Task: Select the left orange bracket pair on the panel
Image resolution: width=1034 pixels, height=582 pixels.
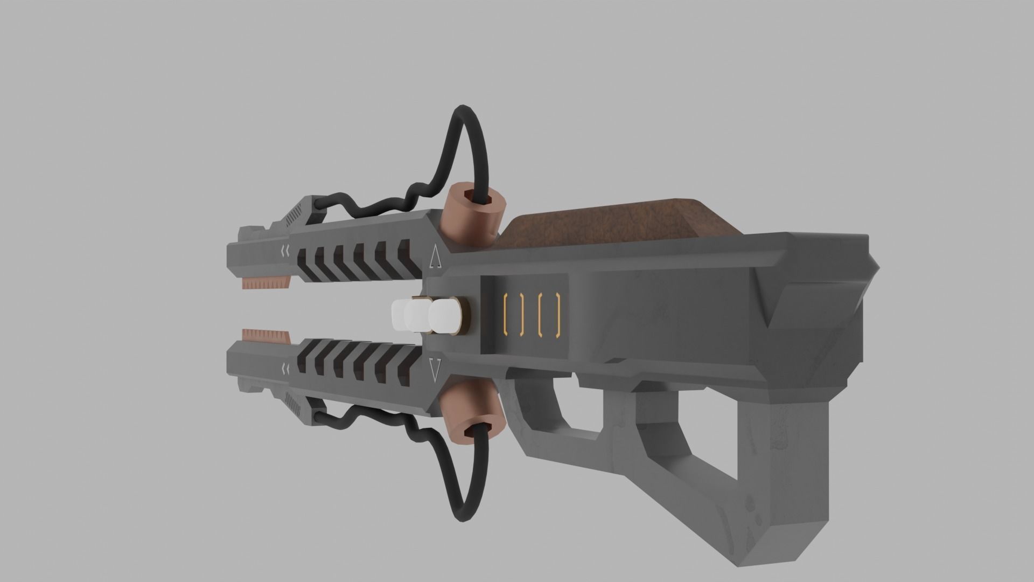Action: coord(513,314)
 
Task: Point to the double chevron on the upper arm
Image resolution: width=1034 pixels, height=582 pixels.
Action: coord(285,250)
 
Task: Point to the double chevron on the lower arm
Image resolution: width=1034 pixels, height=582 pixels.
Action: coord(285,368)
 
